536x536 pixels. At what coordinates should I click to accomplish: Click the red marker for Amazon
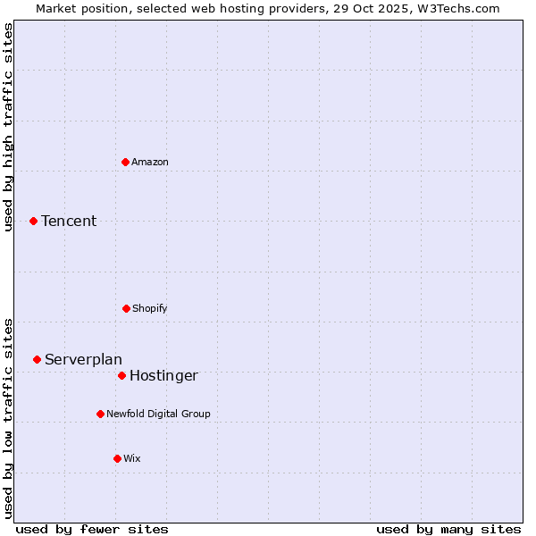pyautogui.click(x=126, y=162)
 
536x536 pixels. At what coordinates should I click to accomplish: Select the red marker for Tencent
pyautogui.click(x=33, y=221)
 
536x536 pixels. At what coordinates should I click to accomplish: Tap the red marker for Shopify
pyautogui.click(x=126, y=308)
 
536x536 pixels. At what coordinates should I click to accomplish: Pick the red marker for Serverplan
pyautogui.click(x=37, y=359)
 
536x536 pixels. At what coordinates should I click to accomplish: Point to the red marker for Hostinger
pyautogui.click(x=121, y=375)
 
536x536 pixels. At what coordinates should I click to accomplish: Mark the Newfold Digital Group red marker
pyautogui.click(x=100, y=414)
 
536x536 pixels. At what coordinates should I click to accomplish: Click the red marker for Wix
pyautogui.click(x=117, y=458)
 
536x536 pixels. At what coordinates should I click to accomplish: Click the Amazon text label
pyautogui.click(x=150, y=162)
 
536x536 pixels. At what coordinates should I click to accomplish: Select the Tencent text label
pyautogui.click(x=69, y=221)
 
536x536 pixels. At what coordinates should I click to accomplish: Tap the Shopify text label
pyautogui.click(x=150, y=308)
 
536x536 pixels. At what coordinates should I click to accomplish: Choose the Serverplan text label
pyautogui.click(x=83, y=359)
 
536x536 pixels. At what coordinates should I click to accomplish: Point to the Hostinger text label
pyautogui.click(x=163, y=375)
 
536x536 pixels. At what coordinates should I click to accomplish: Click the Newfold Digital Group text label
pyautogui.click(x=158, y=414)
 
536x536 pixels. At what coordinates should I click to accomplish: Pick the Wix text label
pyautogui.click(x=132, y=458)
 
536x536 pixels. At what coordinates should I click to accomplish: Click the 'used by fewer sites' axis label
pyautogui.click(x=92, y=529)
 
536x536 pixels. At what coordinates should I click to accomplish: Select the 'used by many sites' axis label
pyautogui.click(x=448, y=529)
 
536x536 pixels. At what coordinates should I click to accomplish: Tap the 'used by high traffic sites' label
pyautogui.click(x=9, y=127)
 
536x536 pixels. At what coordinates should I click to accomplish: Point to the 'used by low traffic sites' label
pyautogui.click(x=9, y=418)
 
